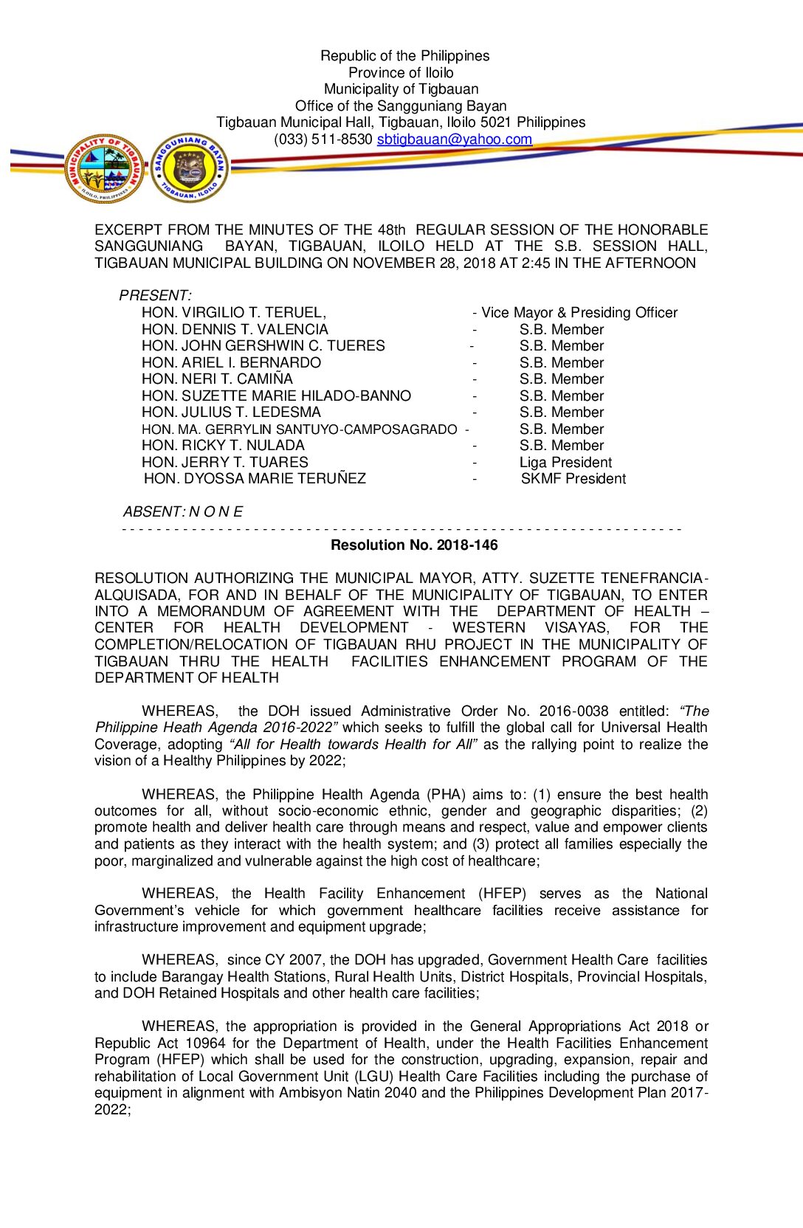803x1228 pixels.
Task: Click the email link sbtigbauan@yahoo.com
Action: click(454, 139)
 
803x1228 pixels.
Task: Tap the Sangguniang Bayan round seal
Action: click(190, 169)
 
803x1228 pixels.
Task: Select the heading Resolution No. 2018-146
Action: click(414, 545)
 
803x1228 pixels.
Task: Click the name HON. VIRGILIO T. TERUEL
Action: click(233, 313)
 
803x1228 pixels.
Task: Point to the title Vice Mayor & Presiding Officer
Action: click(579, 313)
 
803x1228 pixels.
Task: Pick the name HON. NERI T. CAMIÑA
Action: click(217, 379)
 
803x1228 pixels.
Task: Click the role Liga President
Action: click(565, 463)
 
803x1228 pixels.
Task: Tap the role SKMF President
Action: click(573, 479)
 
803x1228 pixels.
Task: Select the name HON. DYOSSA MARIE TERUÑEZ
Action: click(255, 479)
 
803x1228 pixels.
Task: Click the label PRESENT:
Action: click(155, 296)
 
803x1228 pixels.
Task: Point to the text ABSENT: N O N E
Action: click(182, 512)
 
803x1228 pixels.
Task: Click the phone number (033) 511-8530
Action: click(323, 139)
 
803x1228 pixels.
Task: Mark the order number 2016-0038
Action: click(573, 711)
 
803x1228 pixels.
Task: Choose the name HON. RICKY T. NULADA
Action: click(223, 446)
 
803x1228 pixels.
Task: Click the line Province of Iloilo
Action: click(401, 73)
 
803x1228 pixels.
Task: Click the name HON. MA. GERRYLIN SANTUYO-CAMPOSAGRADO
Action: click(299, 430)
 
